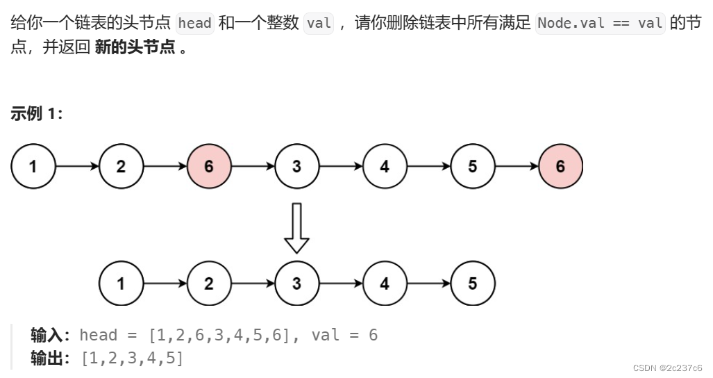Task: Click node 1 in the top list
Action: point(33,167)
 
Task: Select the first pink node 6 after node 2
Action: point(209,167)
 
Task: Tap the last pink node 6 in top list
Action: point(560,167)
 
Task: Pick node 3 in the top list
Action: point(296,167)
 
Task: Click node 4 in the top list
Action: point(385,167)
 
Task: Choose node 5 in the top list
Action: point(473,167)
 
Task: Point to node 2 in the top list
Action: point(121,167)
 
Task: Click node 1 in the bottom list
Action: point(121,283)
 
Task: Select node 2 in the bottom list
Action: point(209,283)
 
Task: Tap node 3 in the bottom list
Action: point(296,283)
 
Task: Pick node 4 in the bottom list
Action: point(385,283)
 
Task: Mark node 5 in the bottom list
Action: point(473,283)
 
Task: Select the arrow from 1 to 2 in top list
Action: point(77,167)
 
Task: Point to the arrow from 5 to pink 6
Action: point(517,167)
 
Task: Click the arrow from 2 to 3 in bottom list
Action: point(253,283)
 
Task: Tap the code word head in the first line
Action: point(194,23)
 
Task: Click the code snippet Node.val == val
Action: point(601,23)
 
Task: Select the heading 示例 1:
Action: point(37,115)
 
